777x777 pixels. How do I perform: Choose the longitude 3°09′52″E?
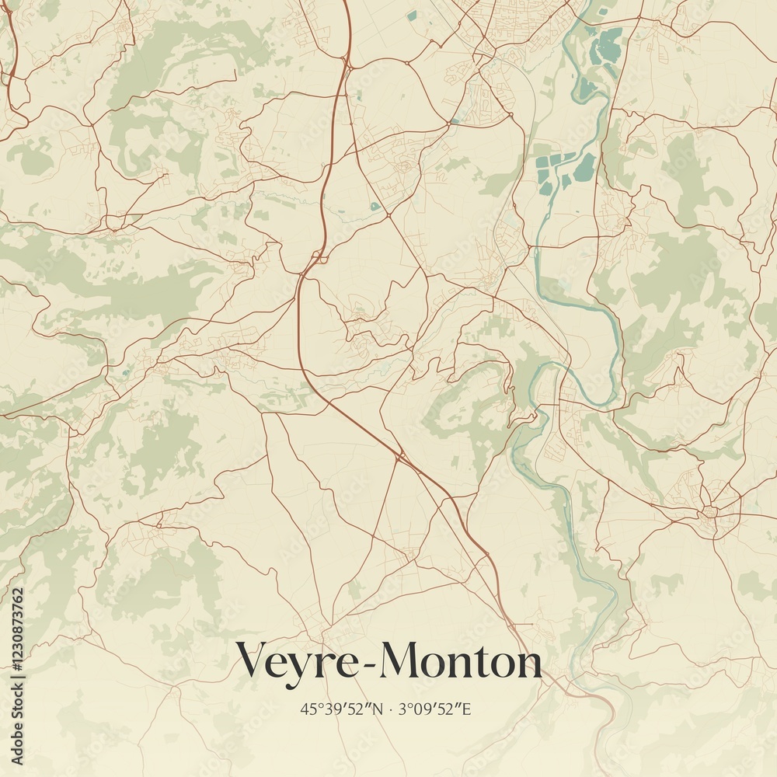(435, 709)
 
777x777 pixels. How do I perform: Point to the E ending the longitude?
(467, 709)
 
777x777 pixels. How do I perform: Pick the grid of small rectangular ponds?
(563, 171)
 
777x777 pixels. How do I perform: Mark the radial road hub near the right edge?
(709, 513)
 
